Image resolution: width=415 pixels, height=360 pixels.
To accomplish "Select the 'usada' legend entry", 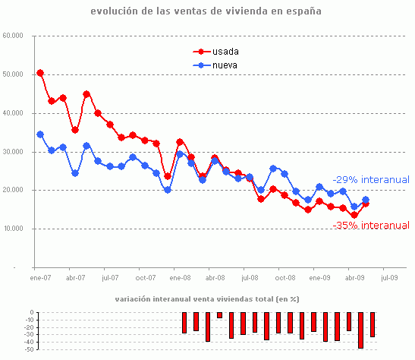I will coord(225,52).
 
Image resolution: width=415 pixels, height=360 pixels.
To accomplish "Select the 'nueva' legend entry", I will coord(225,65).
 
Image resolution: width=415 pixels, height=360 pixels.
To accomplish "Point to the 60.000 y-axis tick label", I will coord(13,36).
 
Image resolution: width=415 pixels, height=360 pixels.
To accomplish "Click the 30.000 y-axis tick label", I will coord(13,152).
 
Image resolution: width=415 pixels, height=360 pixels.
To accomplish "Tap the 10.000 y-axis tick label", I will coord(13,229).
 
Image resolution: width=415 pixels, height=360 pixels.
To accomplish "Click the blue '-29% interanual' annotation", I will coord(370,180).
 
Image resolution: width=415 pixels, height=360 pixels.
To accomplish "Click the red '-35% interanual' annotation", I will coord(371,226).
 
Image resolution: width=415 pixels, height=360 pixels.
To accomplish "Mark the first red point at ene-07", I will coord(40,73).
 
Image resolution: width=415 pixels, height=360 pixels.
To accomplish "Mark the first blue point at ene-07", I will coord(40,134).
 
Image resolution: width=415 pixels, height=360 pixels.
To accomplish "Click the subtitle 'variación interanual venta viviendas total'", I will coord(207,299).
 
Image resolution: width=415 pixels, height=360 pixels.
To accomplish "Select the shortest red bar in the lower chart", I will coord(219,315).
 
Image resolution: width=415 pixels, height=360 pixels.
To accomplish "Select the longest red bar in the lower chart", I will coord(360,330).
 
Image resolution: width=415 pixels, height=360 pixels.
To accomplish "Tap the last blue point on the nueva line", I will coord(366,201).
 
